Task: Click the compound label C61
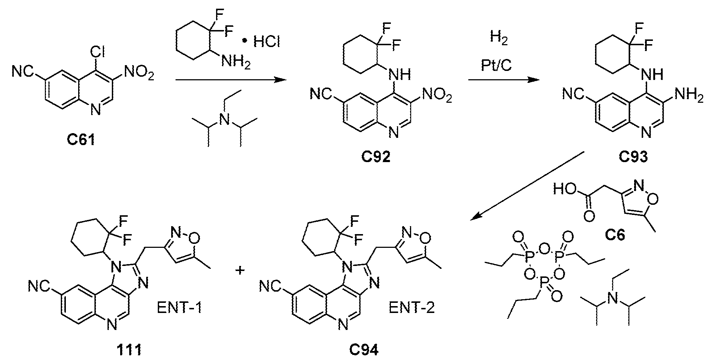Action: (x=81, y=140)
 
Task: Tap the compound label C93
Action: (x=633, y=157)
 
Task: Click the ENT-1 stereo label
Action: (x=179, y=308)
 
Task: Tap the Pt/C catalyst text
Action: (x=496, y=65)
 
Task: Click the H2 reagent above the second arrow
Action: (x=499, y=39)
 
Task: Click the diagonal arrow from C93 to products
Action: (x=527, y=186)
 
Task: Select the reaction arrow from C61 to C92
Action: (x=229, y=80)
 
